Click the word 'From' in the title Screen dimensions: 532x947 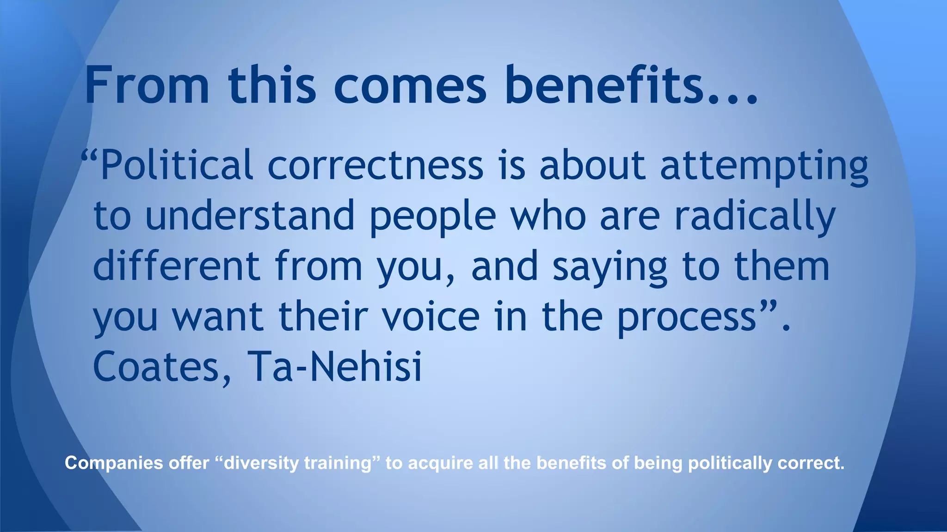[147, 85]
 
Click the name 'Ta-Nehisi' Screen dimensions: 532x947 [335, 367]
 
